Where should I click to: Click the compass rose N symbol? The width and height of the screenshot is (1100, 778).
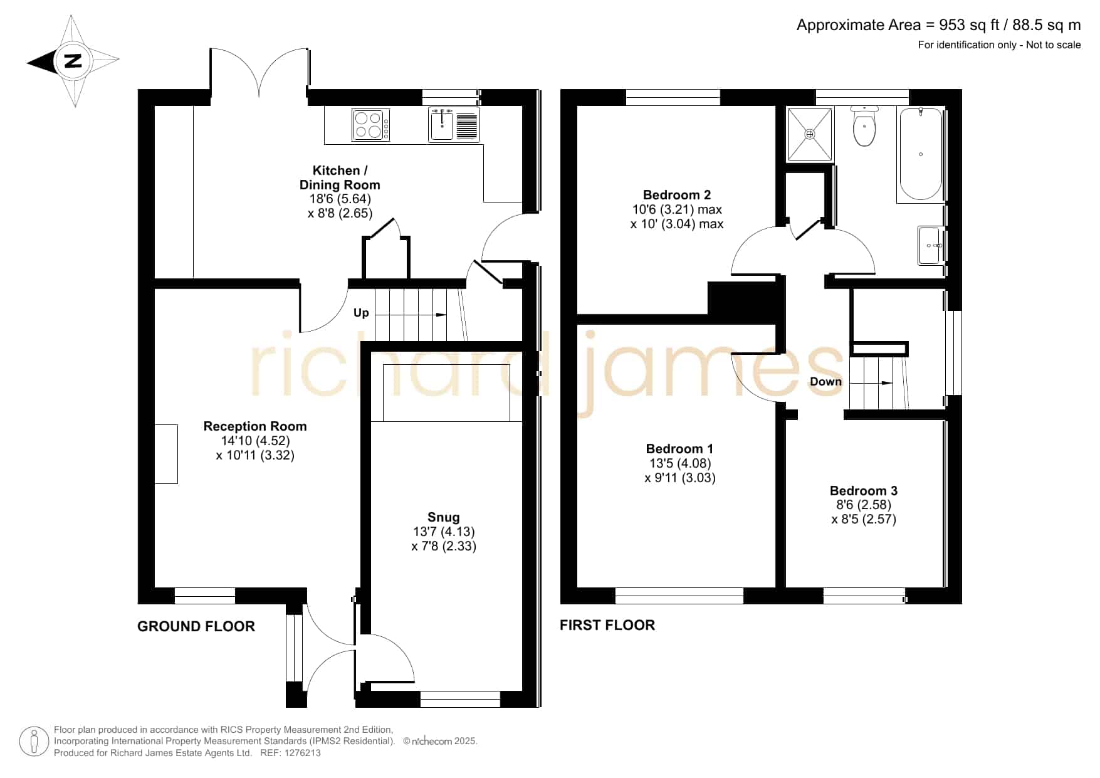click(73, 61)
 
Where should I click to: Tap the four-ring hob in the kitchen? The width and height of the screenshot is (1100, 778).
click(371, 125)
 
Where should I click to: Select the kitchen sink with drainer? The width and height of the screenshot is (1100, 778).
click(454, 124)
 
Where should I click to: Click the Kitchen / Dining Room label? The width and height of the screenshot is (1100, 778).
click(340, 177)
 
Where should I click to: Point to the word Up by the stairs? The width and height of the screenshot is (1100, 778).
click(361, 313)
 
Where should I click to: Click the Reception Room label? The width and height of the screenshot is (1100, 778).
click(255, 426)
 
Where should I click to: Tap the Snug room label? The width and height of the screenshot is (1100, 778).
click(444, 517)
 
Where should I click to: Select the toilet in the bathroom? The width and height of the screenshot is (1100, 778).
click(865, 126)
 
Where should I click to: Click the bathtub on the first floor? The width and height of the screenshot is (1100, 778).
click(921, 155)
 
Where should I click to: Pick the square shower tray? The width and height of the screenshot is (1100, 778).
click(810, 134)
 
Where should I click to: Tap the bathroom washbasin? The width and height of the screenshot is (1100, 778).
click(930, 245)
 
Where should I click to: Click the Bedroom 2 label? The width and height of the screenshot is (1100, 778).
click(677, 195)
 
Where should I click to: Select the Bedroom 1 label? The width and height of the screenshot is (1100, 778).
click(679, 449)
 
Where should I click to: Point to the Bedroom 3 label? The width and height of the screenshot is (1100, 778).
click(864, 491)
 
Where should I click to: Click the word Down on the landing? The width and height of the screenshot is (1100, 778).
click(825, 382)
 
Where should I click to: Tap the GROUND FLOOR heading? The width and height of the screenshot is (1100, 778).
click(196, 626)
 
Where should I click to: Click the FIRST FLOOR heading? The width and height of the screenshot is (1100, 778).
click(607, 625)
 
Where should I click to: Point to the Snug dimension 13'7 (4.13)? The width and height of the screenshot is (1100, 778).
click(444, 532)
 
